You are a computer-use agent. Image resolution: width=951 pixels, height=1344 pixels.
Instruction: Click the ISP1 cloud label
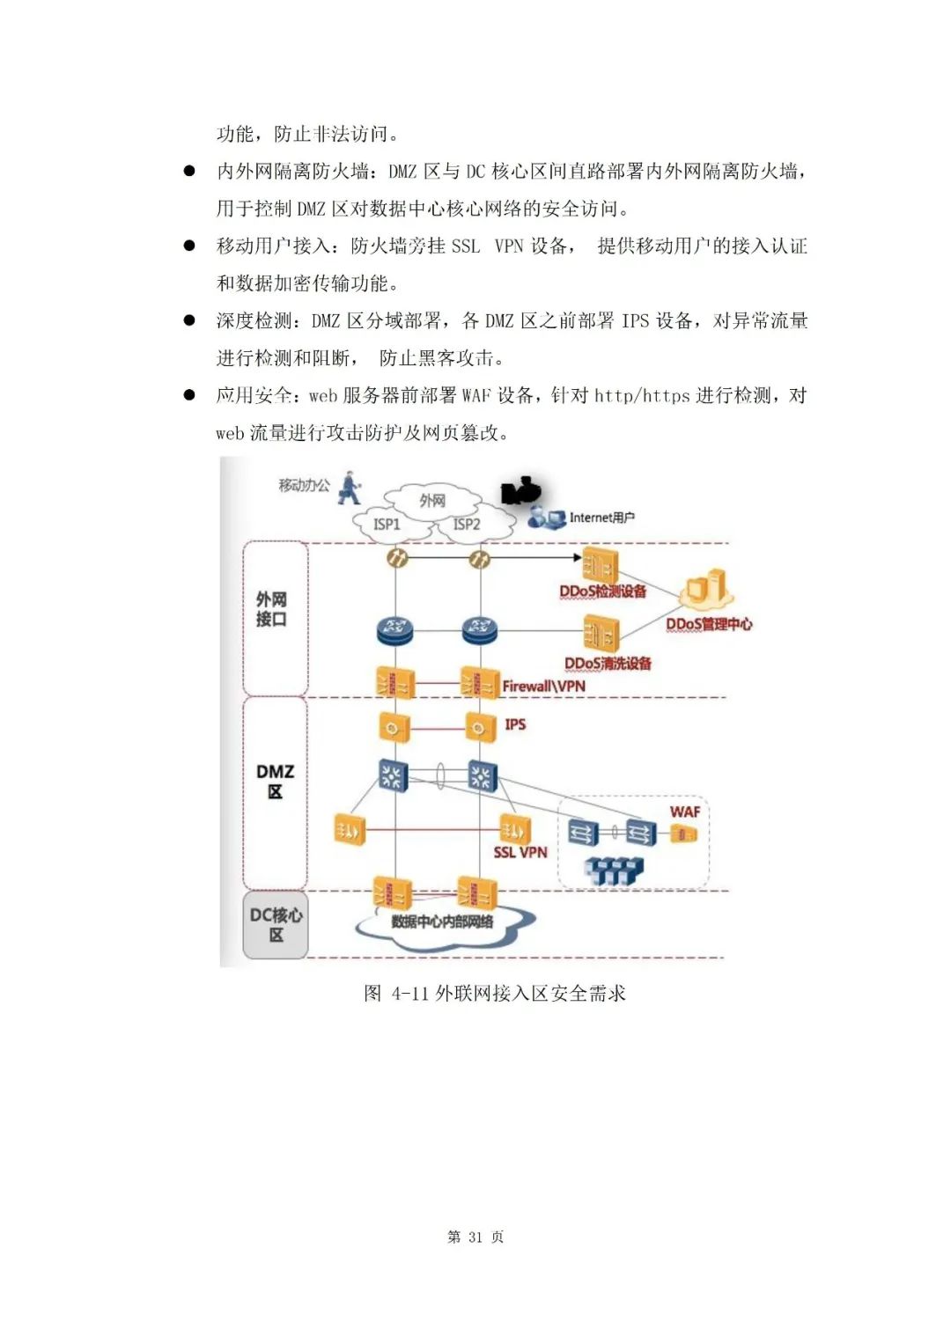tap(387, 525)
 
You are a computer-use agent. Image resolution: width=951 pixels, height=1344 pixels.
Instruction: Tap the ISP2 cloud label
tap(467, 525)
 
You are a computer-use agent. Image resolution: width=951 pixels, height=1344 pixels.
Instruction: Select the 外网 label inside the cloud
tap(432, 501)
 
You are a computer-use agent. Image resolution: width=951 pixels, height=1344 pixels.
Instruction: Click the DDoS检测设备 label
tap(603, 591)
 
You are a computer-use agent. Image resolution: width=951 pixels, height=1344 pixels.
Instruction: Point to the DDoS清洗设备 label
tap(608, 664)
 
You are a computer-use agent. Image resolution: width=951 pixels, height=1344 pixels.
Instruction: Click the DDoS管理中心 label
tap(709, 624)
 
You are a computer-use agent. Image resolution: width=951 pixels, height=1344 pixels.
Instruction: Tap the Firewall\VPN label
tap(543, 687)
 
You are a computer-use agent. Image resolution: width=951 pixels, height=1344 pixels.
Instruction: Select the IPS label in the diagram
tap(515, 724)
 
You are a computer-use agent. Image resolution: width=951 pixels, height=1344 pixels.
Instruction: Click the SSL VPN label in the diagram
tap(520, 852)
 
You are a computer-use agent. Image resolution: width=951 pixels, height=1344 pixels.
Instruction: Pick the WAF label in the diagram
tap(685, 812)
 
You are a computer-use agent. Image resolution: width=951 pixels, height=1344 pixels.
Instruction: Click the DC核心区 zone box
tap(276, 925)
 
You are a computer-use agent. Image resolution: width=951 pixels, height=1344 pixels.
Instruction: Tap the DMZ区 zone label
tap(275, 782)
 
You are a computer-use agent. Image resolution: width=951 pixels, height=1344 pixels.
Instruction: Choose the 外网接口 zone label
tap(271, 609)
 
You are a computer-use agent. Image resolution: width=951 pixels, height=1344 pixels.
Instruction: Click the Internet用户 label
tap(601, 518)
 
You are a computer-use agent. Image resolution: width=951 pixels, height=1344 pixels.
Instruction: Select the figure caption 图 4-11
tap(494, 994)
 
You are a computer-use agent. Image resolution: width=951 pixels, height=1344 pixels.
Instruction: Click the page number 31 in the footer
tap(475, 1237)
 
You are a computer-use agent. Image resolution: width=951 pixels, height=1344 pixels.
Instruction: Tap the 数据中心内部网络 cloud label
tap(442, 922)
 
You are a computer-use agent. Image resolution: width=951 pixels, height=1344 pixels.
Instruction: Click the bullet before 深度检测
tap(189, 320)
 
